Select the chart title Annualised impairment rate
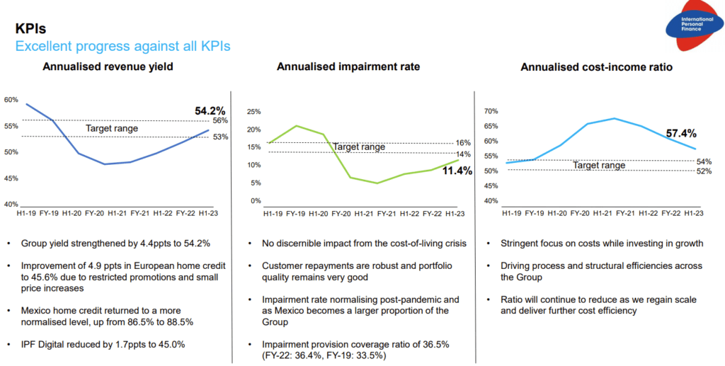tap(348, 67)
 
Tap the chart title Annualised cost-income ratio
tap(596, 67)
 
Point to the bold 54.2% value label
tap(210, 111)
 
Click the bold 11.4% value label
tap(457, 171)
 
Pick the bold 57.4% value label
tap(681, 133)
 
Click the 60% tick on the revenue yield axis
tap(11, 100)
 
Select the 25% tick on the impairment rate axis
tap(253, 112)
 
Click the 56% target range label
tap(219, 121)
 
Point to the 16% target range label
tap(463, 143)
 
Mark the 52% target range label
tap(704, 171)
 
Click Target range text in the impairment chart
tap(359, 147)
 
